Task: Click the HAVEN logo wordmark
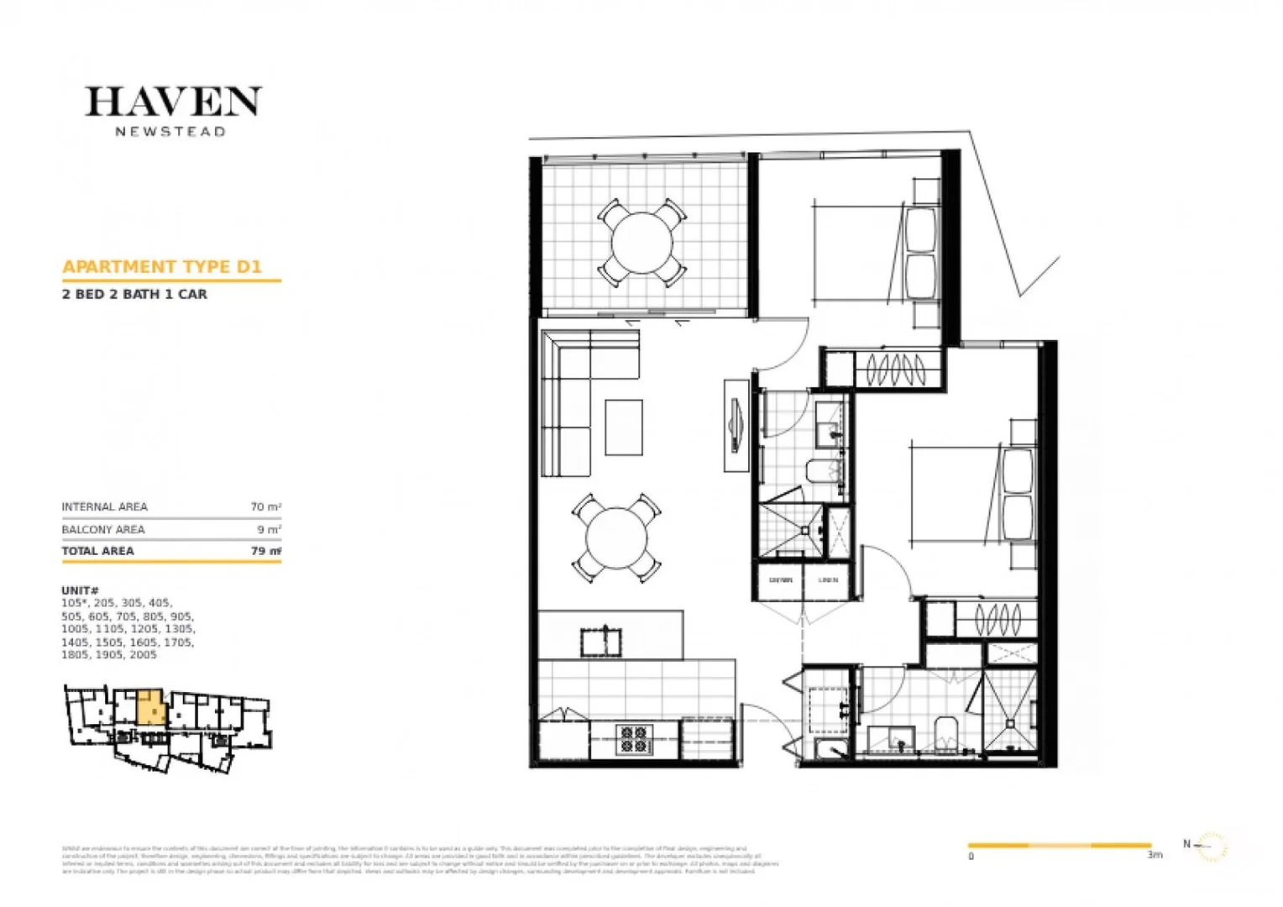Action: (173, 102)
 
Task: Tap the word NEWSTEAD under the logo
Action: (170, 132)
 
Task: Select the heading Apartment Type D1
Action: (162, 267)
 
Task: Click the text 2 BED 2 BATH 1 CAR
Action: (134, 295)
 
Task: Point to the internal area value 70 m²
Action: (265, 507)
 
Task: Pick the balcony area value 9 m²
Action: (269, 530)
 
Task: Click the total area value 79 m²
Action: (265, 551)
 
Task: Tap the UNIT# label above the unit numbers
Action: (80, 590)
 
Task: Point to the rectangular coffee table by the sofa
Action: (624, 427)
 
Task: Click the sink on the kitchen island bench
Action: (601, 642)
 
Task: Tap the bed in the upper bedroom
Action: (865, 252)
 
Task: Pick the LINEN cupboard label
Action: (828, 580)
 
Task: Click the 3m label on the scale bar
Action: (1155, 855)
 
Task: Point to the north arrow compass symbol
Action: (1209, 846)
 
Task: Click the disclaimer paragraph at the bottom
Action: (420, 861)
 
